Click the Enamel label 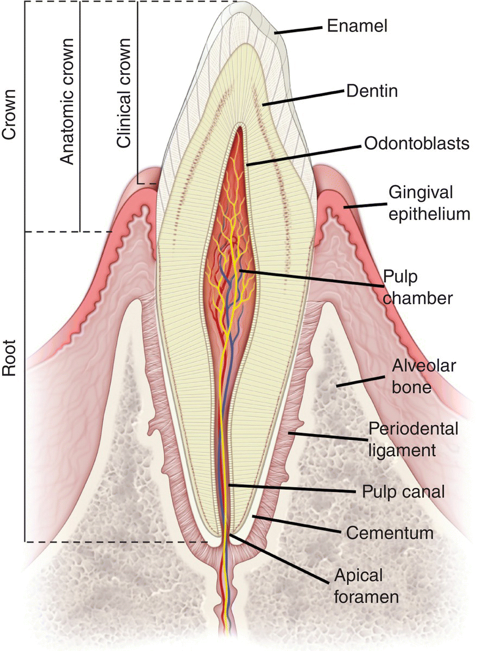pyautogui.click(x=357, y=25)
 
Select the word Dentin pyautogui.click(x=372, y=91)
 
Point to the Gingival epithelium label pyautogui.click(x=429, y=203)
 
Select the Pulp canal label pyautogui.click(x=403, y=492)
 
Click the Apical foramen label pyautogui.click(x=374, y=586)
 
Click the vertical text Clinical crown pyautogui.click(x=124, y=93)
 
